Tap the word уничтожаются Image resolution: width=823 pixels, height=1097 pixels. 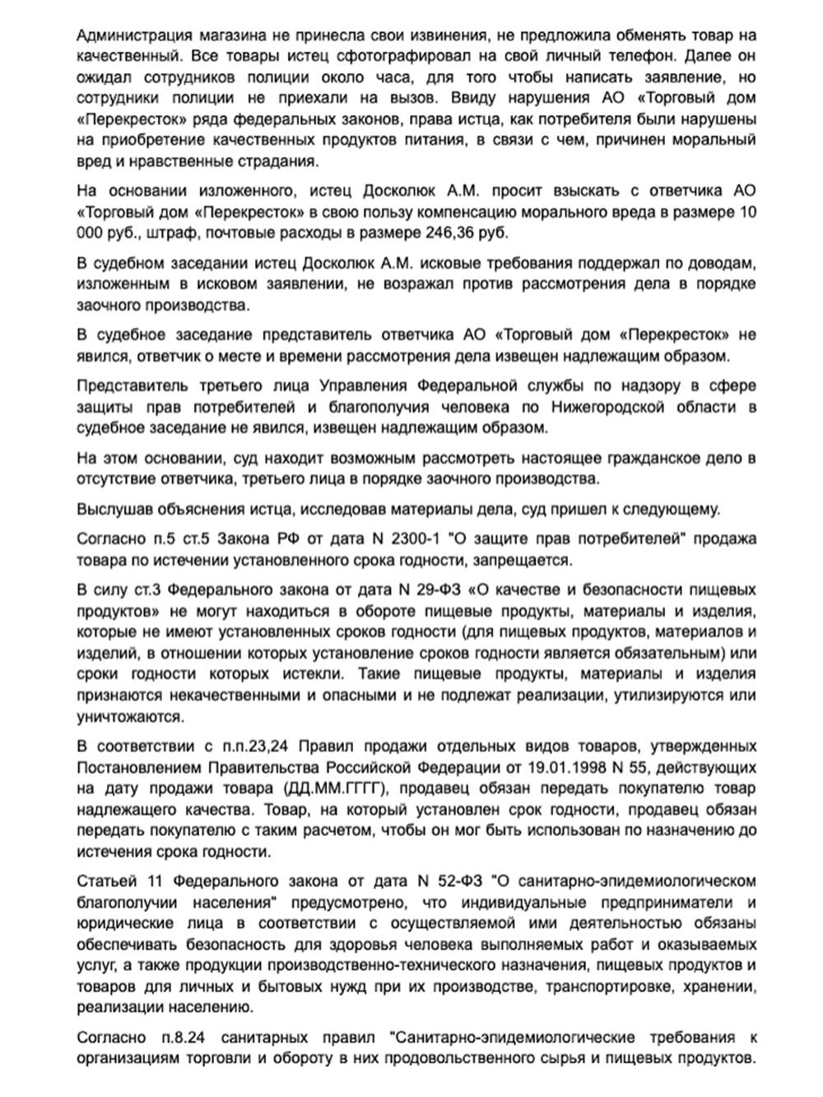[129, 716]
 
